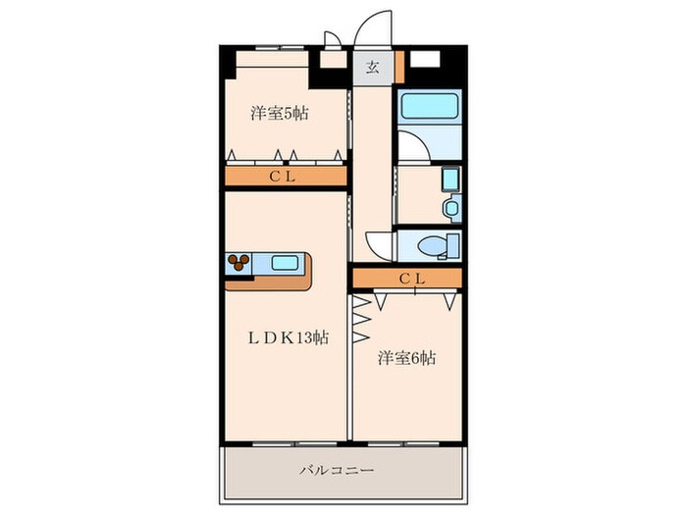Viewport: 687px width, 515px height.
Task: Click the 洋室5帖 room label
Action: point(280,113)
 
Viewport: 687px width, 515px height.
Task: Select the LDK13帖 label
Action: point(286,336)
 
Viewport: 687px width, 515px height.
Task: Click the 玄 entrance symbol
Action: point(373,68)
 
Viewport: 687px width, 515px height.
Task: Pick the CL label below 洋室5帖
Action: point(285,177)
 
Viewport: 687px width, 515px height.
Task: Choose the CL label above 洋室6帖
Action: point(411,279)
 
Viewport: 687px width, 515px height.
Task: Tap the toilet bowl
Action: point(432,244)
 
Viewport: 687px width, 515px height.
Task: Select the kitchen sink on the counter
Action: point(287,263)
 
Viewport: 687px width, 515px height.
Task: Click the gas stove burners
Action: point(239,262)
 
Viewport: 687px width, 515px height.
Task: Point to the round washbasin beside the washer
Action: point(450,208)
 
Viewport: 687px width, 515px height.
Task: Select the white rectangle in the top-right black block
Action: point(424,58)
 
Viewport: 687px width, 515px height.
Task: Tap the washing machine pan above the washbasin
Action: point(450,180)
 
